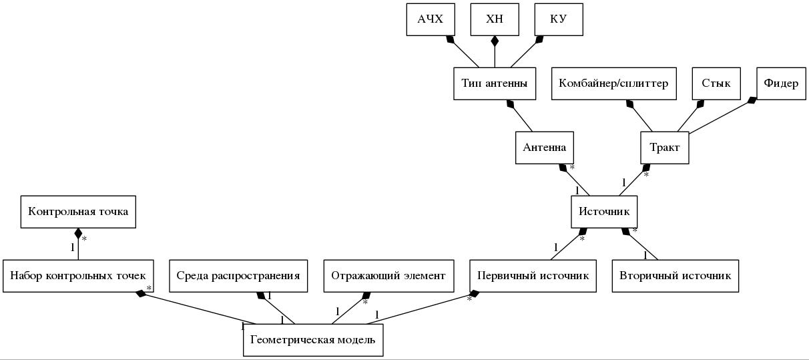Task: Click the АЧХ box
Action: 431,19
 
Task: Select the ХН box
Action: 495,19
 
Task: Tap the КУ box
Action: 559,19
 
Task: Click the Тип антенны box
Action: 495,83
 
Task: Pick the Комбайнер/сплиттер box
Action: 613,83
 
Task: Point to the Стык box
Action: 716,83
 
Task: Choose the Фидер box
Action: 782,83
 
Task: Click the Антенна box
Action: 545,148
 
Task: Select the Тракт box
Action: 664,148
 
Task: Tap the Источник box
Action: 604,212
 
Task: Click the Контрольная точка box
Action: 78,212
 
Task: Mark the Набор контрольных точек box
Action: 78,276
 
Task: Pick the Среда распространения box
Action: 238,276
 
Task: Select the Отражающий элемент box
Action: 388,276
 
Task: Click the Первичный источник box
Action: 533,276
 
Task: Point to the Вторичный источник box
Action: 675,276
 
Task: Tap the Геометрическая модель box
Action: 312,340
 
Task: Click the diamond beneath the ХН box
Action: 495,41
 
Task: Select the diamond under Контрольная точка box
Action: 78,234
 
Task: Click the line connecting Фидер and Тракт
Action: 718,118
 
